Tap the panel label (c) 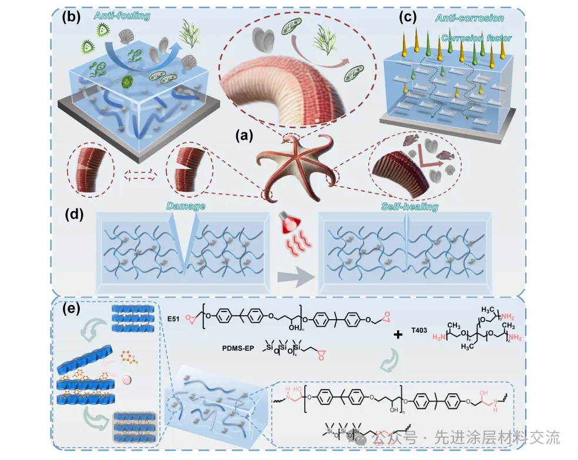409,17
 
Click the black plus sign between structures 399,334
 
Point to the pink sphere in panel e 126,381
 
